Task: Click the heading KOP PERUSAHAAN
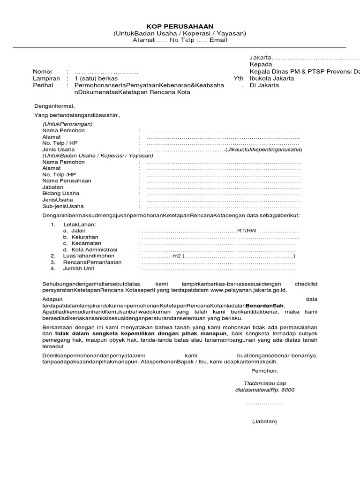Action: point(180,26)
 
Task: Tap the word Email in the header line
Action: point(218,40)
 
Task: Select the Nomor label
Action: point(43,71)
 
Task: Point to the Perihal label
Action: point(43,86)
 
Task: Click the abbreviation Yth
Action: point(239,78)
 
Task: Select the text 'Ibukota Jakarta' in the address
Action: point(272,78)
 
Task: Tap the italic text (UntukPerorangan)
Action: point(67,124)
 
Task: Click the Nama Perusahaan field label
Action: point(67,180)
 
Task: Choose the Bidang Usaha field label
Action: point(61,193)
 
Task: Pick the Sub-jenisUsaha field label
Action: point(63,206)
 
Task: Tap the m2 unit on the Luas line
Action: point(176,256)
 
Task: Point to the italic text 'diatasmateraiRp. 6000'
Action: point(265,390)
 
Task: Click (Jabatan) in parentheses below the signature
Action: point(264,421)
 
